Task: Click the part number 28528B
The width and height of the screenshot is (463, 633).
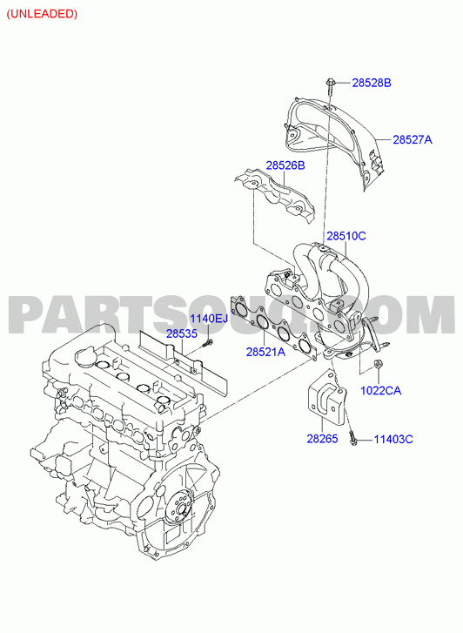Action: [372, 84]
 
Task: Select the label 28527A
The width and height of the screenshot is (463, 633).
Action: [413, 139]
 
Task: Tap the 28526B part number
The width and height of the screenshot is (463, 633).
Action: [285, 165]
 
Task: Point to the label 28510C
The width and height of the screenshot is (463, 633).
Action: [346, 236]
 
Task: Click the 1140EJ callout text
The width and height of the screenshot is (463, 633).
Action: [209, 319]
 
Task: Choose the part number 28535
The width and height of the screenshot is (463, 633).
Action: [182, 333]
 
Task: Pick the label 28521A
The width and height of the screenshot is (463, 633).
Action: [266, 352]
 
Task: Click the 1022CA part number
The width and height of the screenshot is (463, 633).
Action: [380, 391]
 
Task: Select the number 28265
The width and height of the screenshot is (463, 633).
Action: [322, 439]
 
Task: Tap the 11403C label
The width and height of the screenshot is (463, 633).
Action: [393, 439]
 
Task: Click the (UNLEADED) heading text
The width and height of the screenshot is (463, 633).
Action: [42, 14]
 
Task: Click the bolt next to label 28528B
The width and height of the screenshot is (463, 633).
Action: [329, 88]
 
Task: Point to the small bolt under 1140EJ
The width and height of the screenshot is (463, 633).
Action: [207, 344]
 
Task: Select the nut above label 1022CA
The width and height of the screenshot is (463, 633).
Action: [379, 364]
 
